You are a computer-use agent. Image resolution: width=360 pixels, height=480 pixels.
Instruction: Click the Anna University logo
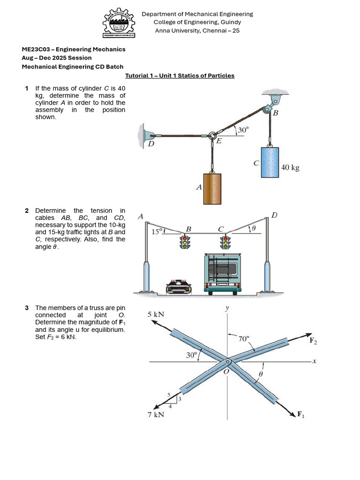click(119, 23)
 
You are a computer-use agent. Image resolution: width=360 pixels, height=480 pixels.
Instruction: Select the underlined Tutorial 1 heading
click(180, 75)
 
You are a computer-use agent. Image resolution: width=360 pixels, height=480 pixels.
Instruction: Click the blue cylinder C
click(270, 162)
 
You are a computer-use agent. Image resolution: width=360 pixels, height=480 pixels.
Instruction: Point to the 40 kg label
click(290, 167)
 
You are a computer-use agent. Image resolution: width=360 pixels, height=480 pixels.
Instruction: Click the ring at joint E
click(212, 136)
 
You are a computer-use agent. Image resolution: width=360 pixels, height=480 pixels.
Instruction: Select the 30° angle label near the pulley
click(243, 130)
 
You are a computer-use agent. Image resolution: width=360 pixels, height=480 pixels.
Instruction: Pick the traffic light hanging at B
click(185, 242)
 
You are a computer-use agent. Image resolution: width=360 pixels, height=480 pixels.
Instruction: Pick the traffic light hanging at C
click(225, 242)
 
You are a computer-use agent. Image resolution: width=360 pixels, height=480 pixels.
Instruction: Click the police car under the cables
click(179, 286)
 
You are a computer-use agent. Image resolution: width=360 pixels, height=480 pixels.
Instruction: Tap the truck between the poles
click(223, 274)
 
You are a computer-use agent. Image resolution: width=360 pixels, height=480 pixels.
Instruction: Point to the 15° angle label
click(156, 231)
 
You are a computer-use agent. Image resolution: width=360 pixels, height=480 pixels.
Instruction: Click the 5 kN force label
click(156, 314)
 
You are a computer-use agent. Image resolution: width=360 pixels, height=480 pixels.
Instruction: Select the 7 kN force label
click(156, 414)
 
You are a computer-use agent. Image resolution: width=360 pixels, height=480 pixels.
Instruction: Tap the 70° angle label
click(244, 338)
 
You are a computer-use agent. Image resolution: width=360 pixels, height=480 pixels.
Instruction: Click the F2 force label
click(313, 341)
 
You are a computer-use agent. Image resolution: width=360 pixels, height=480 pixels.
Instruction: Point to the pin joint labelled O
click(228, 362)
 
